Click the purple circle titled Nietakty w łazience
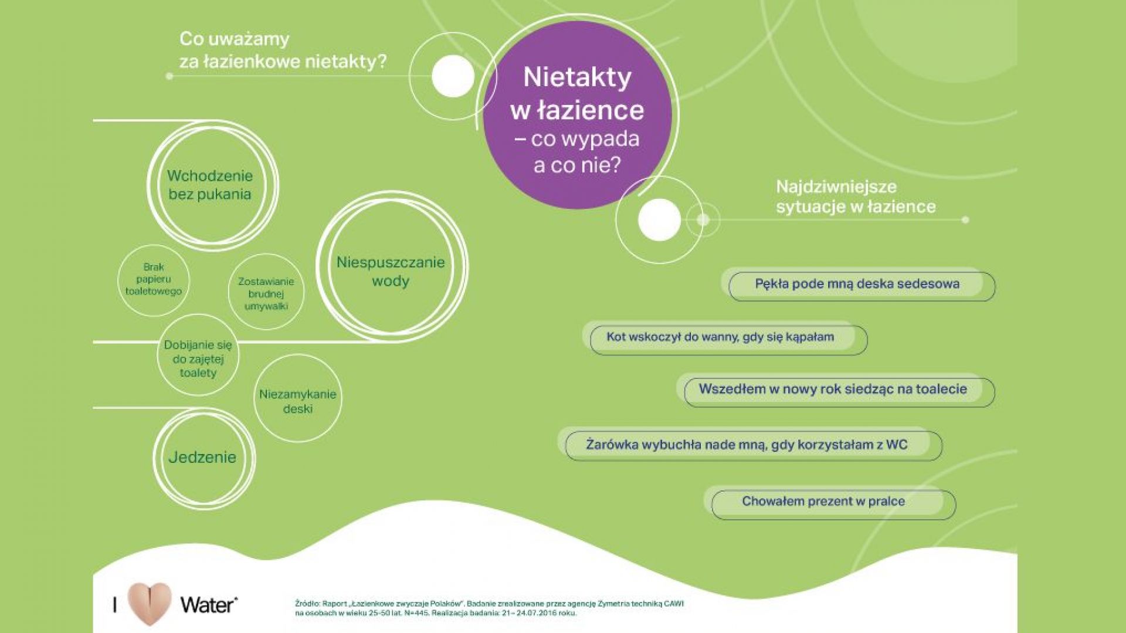tap(578, 114)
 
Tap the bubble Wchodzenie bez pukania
tap(211, 185)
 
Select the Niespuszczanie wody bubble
tap(391, 267)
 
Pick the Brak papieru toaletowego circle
tap(154, 280)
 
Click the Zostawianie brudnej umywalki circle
tap(266, 292)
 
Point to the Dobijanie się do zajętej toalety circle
tap(198, 356)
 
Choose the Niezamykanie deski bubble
tap(298, 398)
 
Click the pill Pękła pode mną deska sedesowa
tap(858, 285)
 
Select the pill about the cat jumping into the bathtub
tap(725, 338)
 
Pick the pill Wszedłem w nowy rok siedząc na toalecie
tap(836, 390)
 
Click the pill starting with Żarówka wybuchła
tap(749, 445)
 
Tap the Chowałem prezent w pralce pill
tap(829, 503)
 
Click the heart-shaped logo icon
tap(150, 604)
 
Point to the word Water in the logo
tap(209, 605)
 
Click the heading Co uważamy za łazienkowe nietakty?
tap(283, 50)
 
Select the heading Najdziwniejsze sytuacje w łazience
tap(856, 197)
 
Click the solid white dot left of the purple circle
tap(453, 76)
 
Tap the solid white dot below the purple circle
tap(659, 219)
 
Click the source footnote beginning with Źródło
tap(489, 608)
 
